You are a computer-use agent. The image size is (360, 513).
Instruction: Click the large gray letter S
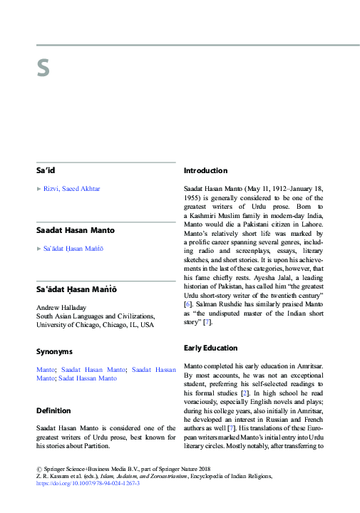(x=43, y=68)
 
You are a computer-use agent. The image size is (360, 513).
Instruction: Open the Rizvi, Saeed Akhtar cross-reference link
(x=71, y=188)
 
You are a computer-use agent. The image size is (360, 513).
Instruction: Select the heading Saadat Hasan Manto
(x=75, y=230)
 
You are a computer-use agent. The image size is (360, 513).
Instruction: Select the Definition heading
(x=53, y=410)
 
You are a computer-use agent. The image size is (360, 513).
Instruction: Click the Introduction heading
(x=205, y=171)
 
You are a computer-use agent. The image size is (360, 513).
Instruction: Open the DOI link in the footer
(x=88, y=483)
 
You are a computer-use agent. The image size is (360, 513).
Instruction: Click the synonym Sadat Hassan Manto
(x=88, y=378)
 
